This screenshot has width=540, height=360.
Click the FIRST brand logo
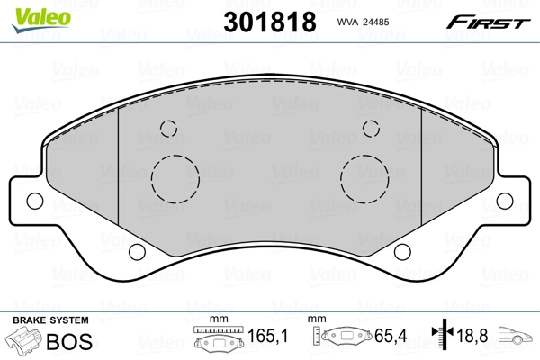point(490,21)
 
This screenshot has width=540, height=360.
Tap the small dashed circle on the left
point(167,128)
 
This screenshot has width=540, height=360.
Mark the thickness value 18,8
point(472,337)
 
